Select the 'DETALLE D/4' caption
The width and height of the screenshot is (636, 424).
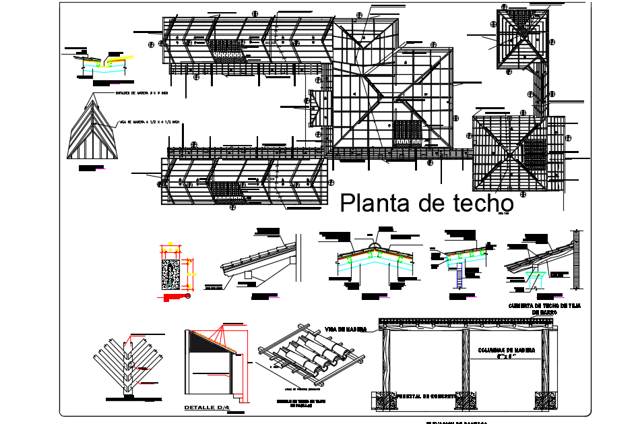[208, 408]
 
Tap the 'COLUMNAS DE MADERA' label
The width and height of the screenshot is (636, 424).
[506, 351]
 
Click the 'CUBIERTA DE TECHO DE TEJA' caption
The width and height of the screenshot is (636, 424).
[546, 306]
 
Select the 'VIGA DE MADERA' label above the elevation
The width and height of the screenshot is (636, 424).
[346, 329]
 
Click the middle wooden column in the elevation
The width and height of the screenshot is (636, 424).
[464, 364]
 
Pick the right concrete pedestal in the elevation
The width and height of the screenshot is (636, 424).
[543, 401]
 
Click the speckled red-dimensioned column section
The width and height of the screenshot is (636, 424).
[170, 275]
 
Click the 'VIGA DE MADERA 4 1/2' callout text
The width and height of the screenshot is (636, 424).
[149, 122]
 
